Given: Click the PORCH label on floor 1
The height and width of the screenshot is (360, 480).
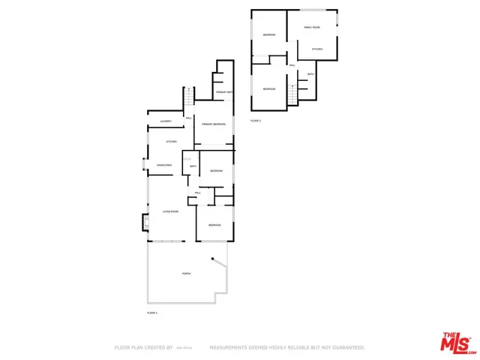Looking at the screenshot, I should tap(186, 274).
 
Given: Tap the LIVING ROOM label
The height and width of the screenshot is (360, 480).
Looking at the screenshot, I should tap(170, 211).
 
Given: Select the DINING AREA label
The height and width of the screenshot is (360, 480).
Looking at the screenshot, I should tap(165, 165).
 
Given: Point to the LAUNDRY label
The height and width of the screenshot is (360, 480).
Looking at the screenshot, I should tap(166, 121).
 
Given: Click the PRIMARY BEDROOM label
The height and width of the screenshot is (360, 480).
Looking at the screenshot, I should tap(214, 124).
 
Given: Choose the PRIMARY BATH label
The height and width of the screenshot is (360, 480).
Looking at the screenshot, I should tap(224, 92).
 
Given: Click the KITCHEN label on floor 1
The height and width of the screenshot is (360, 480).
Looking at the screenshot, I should tap(171, 142).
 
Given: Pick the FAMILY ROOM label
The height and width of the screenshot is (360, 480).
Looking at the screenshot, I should tap(311, 27).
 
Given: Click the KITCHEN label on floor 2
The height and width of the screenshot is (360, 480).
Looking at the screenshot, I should tap(317, 49).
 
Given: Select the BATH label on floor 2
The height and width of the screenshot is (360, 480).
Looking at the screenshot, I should tap(310, 73).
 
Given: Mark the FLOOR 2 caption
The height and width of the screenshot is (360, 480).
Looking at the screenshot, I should tap(256, 120).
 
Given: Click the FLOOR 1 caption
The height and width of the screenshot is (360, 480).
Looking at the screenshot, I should tap(152, 312).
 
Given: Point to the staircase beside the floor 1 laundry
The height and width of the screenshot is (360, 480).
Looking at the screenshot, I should tap(190, 97).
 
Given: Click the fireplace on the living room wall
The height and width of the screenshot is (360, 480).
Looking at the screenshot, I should tap(145, 223).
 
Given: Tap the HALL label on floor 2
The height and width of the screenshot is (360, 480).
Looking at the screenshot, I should tap(292, 65).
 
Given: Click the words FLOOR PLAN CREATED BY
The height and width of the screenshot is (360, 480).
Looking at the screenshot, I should tap(143, 348).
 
